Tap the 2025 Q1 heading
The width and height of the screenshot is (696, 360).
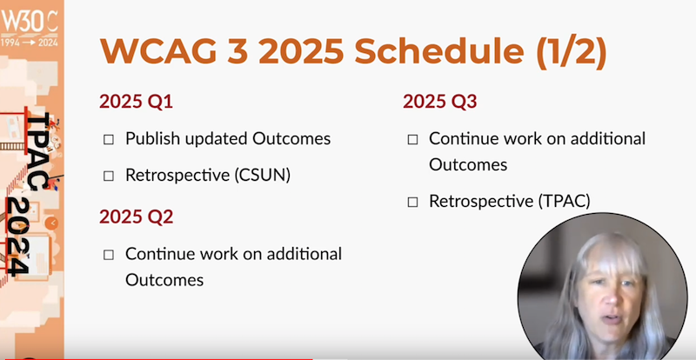(136, 102)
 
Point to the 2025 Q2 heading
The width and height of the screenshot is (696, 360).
(136, 217)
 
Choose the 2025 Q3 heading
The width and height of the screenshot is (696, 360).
(440, 102)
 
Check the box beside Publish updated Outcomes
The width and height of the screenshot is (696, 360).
(108, 140)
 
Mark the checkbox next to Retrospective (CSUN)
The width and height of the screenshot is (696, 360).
(108, 177)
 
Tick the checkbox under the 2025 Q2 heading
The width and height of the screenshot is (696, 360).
(108, 256)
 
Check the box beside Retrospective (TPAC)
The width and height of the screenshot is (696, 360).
(412, 203)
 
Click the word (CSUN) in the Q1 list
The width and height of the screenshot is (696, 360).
(263, 176)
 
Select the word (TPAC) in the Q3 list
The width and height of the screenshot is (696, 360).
(565, 202)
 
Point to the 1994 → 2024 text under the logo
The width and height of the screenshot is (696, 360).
(30, 43)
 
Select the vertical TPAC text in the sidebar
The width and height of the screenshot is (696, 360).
(39, 151)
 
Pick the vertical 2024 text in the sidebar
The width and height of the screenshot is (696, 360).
(17, 237)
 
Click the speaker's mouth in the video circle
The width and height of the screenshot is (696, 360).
(612, 319)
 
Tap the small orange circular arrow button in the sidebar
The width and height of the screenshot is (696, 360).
(51, 223)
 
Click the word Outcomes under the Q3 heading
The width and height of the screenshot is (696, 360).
(468, 165)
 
